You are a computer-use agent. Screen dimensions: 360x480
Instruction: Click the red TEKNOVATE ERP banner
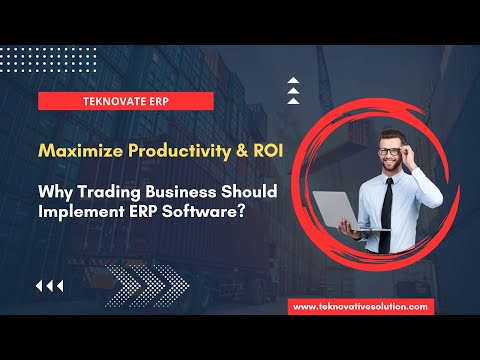[127, 100]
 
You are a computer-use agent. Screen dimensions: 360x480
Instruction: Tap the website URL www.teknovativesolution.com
[362, 306]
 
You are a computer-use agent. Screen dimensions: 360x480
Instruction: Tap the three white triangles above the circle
[293, 90]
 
